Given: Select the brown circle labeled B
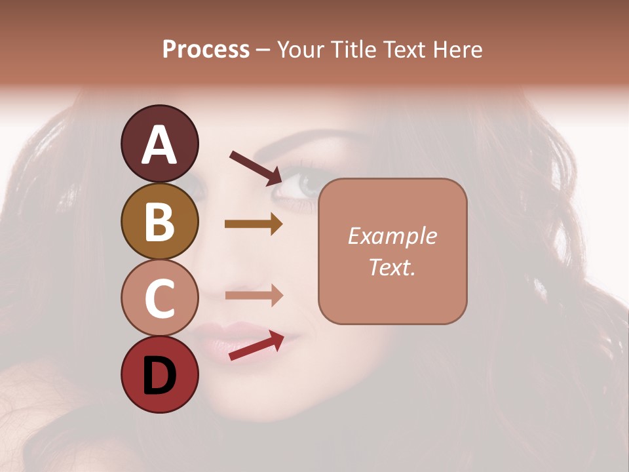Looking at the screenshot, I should [159, 221].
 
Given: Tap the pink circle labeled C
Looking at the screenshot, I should [159, 298].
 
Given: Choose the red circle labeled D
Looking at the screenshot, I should [159, 374].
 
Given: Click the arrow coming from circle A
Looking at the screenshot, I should [256, 167].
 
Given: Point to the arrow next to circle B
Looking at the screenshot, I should [253, 224].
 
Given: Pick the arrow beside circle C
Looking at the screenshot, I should [253, 296].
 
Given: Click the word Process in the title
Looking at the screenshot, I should [206, 49].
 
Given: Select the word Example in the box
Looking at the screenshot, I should [392, 236].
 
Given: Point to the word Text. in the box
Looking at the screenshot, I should [392, 267].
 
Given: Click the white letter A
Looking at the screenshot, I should [159, 144].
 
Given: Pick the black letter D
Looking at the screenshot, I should [159, 376].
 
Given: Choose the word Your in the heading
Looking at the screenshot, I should [302, 49].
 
